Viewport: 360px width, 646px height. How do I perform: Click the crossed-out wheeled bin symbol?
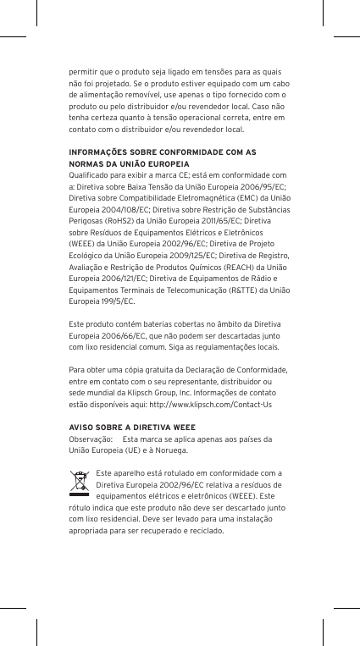click(80, 483)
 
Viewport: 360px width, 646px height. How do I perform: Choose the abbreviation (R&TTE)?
click(246, 290)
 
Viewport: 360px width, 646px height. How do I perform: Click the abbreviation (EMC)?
click(246, 197)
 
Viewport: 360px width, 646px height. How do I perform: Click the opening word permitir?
click(82, 73)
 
